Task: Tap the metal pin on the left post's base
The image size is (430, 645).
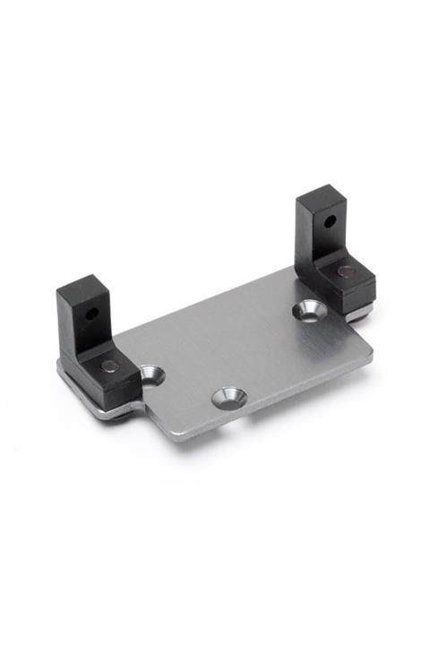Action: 108,365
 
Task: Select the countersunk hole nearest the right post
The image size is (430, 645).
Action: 309,310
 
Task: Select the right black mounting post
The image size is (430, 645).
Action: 331,246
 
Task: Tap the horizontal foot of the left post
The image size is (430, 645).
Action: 112,376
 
